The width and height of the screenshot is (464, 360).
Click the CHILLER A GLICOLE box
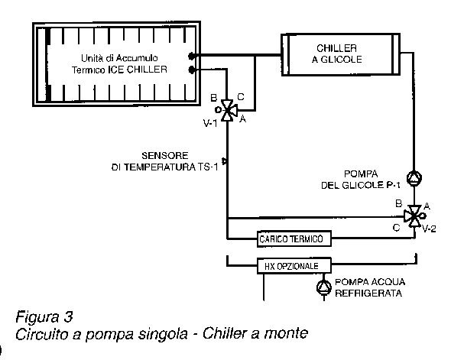(340, 54)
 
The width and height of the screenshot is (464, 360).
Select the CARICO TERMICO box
(294, 238)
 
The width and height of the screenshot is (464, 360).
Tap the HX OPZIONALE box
(294, 266)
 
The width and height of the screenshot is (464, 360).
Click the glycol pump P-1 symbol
(414, 178)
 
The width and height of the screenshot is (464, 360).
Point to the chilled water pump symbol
(324, 287)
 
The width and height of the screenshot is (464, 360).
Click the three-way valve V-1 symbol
(227, 110)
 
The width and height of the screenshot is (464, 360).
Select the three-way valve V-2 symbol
(414, 216)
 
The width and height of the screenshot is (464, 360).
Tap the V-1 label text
(210, 123)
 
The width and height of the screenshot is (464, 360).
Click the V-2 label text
(429, 229)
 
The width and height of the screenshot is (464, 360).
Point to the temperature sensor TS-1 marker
(225, 161)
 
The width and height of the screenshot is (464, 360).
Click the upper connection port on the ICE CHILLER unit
(191, 56)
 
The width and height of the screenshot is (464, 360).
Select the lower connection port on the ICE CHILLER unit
(192, 70)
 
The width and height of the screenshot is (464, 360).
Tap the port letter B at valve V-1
(213, 97)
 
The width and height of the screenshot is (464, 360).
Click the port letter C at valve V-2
(396, 228)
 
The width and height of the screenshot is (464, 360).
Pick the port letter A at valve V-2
(427, 206)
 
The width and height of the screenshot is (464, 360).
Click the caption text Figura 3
(44, 316)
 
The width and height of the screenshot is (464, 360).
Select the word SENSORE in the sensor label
(165, 156)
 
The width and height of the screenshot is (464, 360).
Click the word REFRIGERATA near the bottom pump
(368, 294)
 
